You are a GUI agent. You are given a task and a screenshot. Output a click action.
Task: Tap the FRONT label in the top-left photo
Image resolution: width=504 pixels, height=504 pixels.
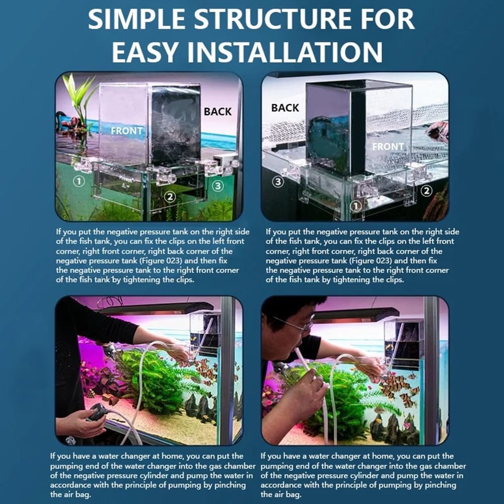point(126,131)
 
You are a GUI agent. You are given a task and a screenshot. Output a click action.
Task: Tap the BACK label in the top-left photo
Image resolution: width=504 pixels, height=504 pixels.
point(218,111)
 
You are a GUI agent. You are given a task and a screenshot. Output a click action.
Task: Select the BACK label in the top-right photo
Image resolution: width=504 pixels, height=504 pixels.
point(285,108)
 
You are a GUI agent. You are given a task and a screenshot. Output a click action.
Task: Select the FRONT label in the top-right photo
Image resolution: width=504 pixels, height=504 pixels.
point(388,147)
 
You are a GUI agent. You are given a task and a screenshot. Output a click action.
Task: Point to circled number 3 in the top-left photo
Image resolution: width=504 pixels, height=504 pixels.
point(217,186)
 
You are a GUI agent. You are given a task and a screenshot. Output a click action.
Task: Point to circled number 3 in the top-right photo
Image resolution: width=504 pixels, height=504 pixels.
point(278,182)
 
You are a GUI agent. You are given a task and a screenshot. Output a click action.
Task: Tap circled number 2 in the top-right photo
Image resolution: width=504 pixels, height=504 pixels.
point(426,190)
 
